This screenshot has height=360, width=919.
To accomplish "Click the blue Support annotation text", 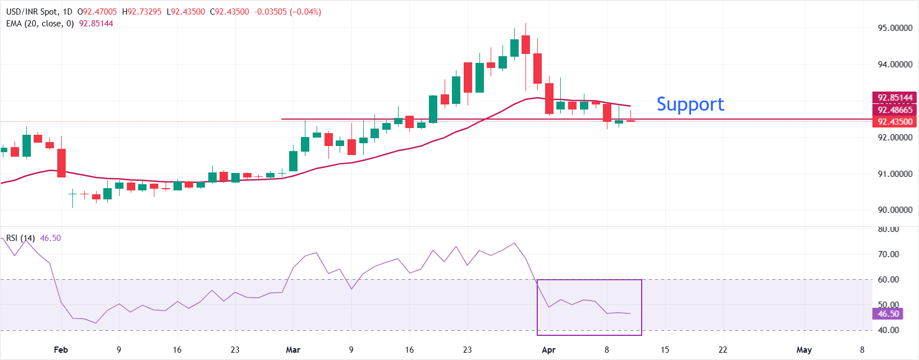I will coord(690,104).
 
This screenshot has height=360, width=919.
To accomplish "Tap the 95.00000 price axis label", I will coord(895,28).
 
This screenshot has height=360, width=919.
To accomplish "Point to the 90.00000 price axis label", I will coord(895,210).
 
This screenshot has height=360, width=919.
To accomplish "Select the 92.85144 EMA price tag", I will coord(895,98).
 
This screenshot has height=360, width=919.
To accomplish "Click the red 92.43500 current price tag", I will coord(895,122).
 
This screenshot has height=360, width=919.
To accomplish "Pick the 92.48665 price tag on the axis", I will coord(895,110).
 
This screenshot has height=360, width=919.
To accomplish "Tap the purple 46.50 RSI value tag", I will coord(888,314).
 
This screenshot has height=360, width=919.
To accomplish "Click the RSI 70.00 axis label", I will coord(888,254).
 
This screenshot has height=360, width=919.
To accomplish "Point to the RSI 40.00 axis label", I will coord(888,330).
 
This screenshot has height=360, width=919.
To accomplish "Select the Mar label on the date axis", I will coord(293,350).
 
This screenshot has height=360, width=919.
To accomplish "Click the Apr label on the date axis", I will coord(548,350).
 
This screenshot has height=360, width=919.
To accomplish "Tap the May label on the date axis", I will coord(804,350).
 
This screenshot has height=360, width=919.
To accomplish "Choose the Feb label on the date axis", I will coord(61,350).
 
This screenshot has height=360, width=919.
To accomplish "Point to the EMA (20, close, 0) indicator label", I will coord(40,24).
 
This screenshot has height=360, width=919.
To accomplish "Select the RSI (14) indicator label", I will coord(21,238).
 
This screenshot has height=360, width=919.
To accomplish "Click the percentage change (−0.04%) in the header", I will coord(305,12).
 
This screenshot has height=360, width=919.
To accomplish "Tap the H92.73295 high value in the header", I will coord(142,12).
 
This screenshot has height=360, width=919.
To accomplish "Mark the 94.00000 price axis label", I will coord(895,65).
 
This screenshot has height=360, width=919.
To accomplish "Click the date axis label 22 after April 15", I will coord(723,350).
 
